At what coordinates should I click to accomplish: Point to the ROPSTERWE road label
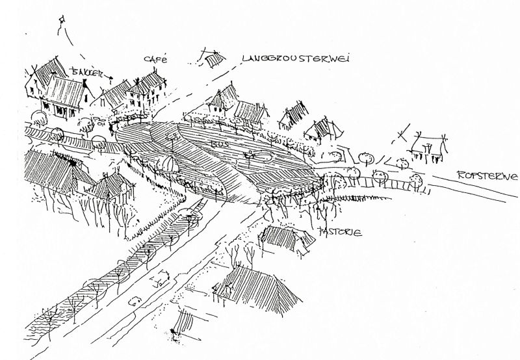click(487, 175)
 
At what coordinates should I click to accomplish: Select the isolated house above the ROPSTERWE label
click(428, 149)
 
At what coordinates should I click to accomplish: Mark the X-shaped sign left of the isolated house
click(402, 137)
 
